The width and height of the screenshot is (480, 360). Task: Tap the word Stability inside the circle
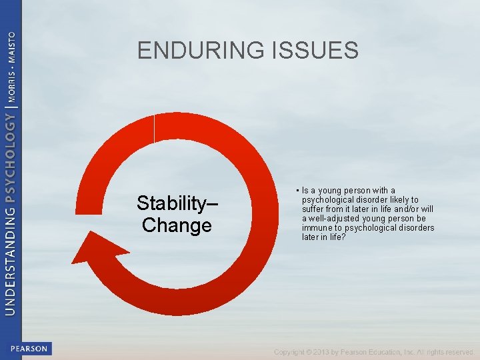pos(177,203)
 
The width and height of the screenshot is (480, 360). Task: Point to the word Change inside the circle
pos(177,225)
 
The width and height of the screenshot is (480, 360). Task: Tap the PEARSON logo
pos(29,349)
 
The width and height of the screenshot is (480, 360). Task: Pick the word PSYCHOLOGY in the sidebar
pos(10,157)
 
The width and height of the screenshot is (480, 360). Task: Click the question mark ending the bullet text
pos(344,237)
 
